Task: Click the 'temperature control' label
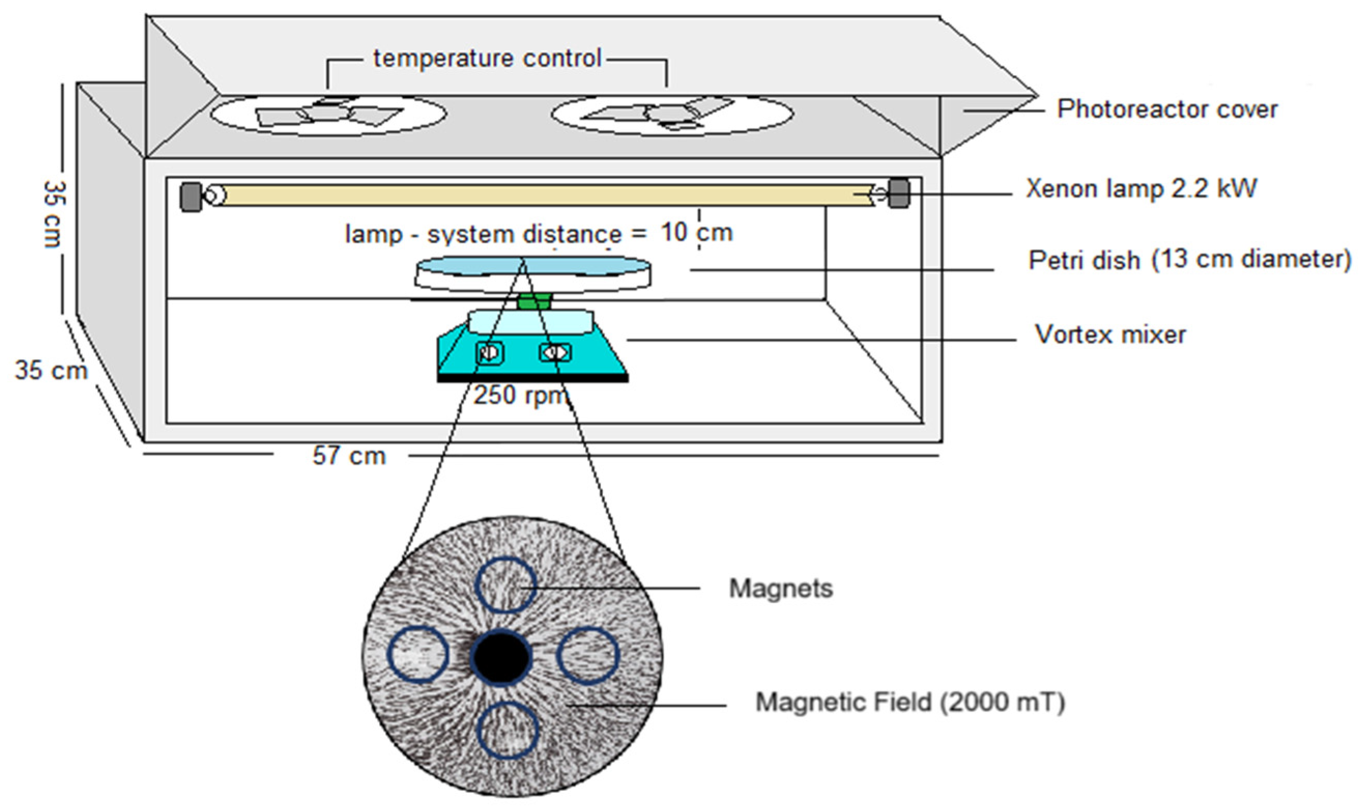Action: coord(487,59)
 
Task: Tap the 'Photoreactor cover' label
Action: coord(1167,110)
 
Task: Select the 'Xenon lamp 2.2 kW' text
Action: coord(1141,189)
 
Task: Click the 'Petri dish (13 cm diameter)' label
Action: coord(1190,259)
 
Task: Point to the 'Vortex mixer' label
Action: coord(1110,335)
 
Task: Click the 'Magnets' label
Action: coord(781,588)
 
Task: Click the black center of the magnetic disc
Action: coord(502,658)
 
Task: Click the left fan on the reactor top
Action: coord(329,114)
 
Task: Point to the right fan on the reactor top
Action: coord(672,114)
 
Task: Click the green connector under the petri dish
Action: coord(534,301)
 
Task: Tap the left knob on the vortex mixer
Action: coord(489,353)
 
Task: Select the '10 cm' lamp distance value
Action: coord(697,233)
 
